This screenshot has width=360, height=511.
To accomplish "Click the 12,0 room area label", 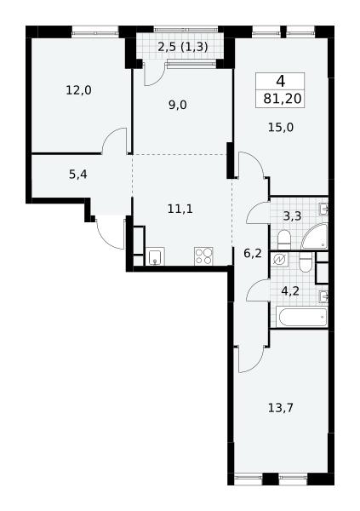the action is point(79,90).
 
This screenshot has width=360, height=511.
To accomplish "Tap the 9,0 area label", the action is point(178,105).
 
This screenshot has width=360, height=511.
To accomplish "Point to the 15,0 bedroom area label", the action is point(281,127).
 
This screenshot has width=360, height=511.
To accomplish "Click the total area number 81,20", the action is point(283,98).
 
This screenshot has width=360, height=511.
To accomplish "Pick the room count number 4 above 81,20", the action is point(281,81).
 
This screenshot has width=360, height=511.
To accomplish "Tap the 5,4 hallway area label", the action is point(78,175).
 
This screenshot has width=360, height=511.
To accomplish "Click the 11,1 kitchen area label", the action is point(180,209).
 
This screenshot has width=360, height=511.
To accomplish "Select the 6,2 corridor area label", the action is point(253,253).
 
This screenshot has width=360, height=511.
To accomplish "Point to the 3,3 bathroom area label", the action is point(292,215).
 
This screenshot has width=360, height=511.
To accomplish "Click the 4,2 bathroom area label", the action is point(290,290).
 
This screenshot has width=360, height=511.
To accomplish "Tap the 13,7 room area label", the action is point(281,407).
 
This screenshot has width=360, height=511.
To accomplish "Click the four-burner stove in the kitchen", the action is point(203,256).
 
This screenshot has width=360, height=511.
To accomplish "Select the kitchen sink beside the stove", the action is point(155,256).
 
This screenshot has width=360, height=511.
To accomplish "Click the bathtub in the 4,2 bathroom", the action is point(302,317).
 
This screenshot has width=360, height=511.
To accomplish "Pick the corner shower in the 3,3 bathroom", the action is point(314,237).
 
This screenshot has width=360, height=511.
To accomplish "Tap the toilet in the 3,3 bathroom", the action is point(283,240).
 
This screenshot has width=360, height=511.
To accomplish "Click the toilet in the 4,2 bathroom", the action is point(306,262).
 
